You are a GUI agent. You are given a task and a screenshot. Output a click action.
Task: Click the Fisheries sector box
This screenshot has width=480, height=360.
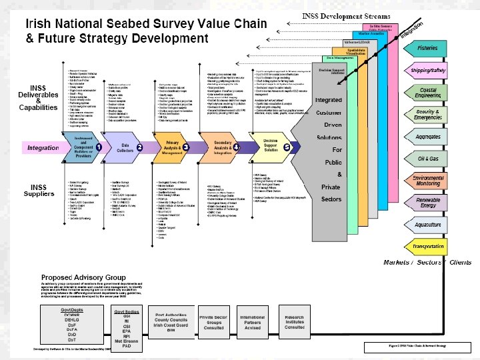click(x=427, y=49)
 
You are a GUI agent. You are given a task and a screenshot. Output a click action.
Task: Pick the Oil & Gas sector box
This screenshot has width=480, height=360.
click(x=427, y=159)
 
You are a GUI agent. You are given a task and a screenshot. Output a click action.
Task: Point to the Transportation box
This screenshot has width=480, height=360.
click(x=427, y=247)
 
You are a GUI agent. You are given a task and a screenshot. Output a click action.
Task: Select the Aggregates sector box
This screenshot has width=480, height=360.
click(x=427, y=137)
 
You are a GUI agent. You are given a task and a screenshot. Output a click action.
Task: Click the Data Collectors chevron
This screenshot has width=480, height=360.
click(x=125, y=147)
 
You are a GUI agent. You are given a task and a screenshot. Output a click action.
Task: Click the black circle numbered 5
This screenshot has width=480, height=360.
click(x=287, y=147)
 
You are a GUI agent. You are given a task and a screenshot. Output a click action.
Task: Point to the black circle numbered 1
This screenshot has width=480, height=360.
click(x=98, y=146)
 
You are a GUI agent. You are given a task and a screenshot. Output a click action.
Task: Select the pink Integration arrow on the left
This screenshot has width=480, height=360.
click(x=43, y=147)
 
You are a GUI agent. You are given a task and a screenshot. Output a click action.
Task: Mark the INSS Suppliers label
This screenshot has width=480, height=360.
click(x=40, y=190)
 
